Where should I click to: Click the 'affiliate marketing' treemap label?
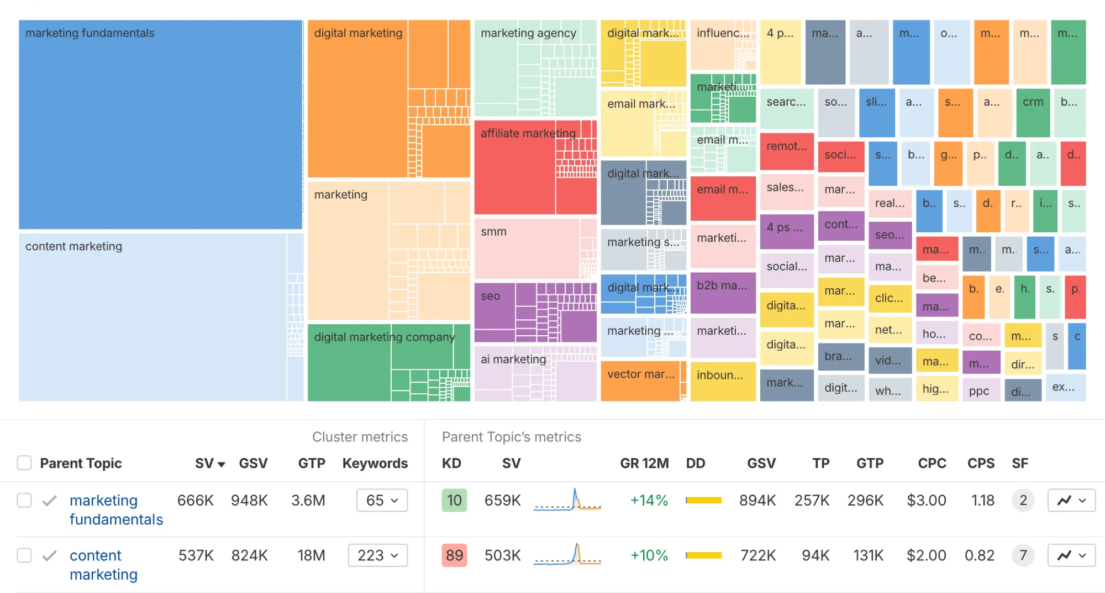click(x=528, y=133)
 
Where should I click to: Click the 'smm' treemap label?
click(x=493, y=232)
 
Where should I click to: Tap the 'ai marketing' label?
click(x=513, y=360)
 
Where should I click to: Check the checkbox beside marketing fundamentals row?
click(x=24, y=500)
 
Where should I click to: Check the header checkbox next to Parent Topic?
click(x=24, y=462)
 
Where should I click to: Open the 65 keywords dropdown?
click(x=382, y=500)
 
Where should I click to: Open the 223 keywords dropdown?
click(x=377, y=555)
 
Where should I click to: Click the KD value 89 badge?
click(x=454, y=555)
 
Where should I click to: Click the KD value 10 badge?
click(x=454, y=500)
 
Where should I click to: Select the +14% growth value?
click(x=649, y=500)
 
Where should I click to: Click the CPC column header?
click(x=932, y=463)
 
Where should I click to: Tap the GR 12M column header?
click(x=644, y=463)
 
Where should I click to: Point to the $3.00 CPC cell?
click(x=926, y=500)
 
